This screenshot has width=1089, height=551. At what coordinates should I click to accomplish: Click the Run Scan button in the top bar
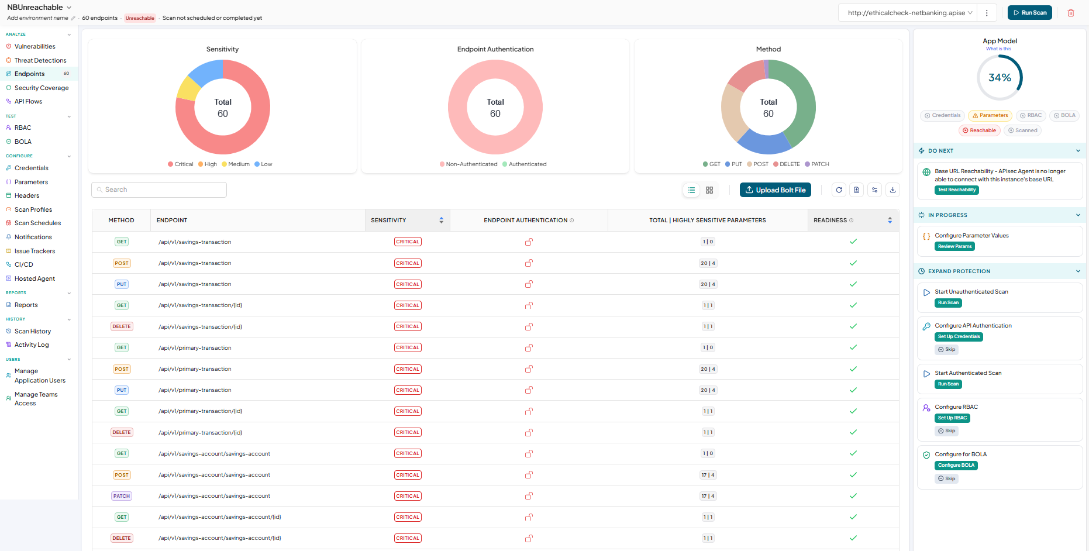pos(1029,13)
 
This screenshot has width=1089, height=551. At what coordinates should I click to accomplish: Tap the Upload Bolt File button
pos(775,190)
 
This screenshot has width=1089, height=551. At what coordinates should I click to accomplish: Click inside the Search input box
pos(159,190)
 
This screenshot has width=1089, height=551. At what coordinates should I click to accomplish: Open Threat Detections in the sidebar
pos(40,60)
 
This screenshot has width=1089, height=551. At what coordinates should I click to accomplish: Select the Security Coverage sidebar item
pos(42,88)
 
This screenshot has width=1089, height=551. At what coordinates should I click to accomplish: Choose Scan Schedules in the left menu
pos(37,223)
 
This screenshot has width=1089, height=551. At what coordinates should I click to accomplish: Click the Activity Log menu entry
pos(32,345)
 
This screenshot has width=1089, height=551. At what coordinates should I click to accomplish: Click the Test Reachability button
pos(956,190)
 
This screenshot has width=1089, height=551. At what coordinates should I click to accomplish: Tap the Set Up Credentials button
pos(959,337)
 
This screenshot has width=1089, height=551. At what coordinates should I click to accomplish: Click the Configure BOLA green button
pos(956,466)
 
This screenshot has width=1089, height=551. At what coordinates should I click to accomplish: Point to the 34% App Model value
pos(1000,78)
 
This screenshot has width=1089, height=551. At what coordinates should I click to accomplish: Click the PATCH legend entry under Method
pos(817,164)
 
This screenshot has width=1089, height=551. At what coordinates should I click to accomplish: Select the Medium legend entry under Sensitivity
pos(236,164)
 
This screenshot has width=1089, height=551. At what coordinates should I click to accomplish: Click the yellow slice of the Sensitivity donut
pos(187,89)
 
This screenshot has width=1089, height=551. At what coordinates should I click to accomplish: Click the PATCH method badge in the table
pos(122,496)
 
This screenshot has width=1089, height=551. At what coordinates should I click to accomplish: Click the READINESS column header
pos(830,221)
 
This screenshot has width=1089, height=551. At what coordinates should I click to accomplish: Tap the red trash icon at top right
pos(1071,13)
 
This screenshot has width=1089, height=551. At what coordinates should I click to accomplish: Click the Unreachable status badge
pos(140,18)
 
